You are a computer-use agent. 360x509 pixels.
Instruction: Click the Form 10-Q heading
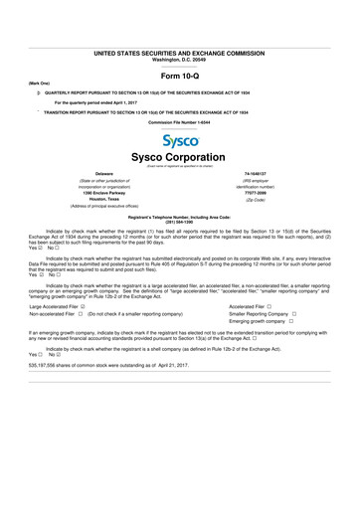[x=180, y=76]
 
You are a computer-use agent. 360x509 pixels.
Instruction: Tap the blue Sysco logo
[x=180, y=140]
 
